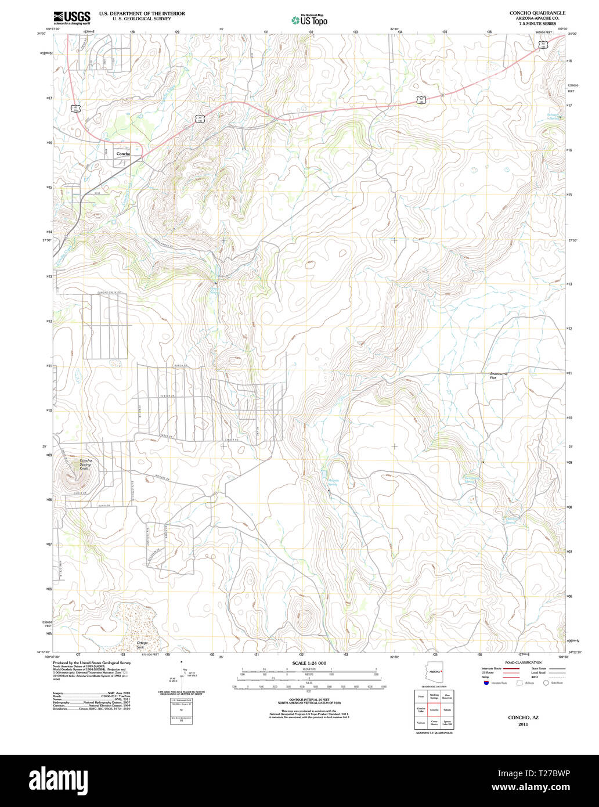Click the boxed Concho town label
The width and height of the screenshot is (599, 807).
[x=123, y=154]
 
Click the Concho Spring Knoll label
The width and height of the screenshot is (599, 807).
[x=86, y=464]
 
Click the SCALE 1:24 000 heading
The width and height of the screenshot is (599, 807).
[x=309, y=663]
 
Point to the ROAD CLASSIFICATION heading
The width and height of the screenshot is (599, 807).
[x=523, y=662]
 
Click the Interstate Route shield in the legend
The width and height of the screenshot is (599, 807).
[x=485, y=683]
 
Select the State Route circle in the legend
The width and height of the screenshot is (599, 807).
[x=546, y=683]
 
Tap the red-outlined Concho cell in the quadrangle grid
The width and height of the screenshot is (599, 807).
[x=434, y=709]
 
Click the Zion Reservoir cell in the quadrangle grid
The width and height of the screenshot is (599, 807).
[x=447, y=696]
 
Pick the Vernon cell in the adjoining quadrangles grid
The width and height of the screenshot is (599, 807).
[x=420, y=723]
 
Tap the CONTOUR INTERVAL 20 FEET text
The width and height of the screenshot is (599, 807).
[x=309, y=698]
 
